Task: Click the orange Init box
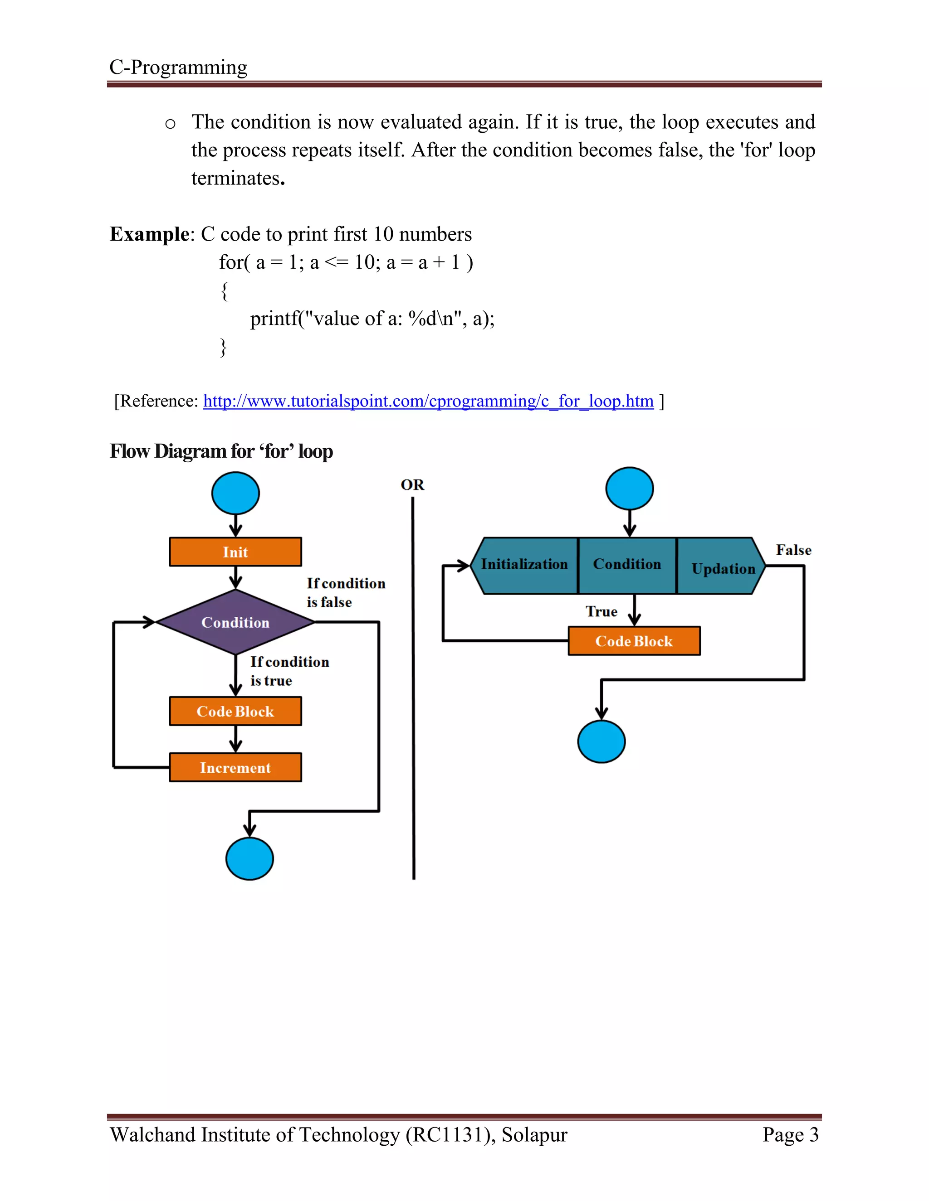235,552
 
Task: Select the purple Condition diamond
235,622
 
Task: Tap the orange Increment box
235,767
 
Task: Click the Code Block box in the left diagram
235,711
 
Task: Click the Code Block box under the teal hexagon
634,641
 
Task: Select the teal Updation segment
722,567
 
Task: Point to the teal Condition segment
627,565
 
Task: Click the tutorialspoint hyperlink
428,401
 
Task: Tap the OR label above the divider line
412,485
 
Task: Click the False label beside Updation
793,550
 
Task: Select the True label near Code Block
601,611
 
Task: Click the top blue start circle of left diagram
235,493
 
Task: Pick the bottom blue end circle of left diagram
249,858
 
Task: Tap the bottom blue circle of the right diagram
601,741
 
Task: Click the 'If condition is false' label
345,592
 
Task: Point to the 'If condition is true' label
289,671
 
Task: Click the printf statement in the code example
372,319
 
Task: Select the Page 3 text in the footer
790,1134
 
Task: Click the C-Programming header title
178,67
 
